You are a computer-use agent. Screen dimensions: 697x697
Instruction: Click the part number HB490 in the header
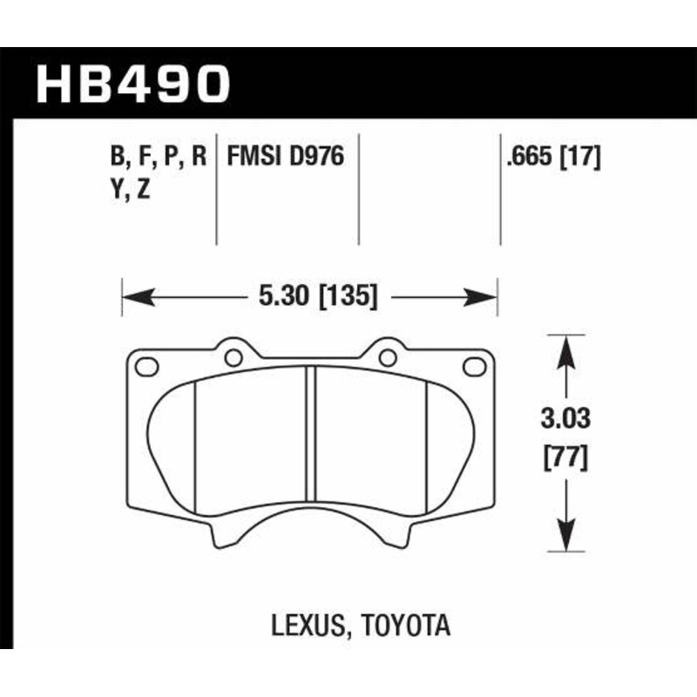(133, 84)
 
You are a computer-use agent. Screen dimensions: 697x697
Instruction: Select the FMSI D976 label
(286, 156)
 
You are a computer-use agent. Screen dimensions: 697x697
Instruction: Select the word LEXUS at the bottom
(306, 626)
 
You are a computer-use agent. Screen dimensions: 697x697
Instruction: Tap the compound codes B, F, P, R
(159, 156)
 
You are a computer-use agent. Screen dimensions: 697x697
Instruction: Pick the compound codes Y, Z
(131, 189)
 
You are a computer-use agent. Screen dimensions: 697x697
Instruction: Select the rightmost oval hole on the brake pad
(474, 366)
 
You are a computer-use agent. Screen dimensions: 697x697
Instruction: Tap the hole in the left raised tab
(233, 356)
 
